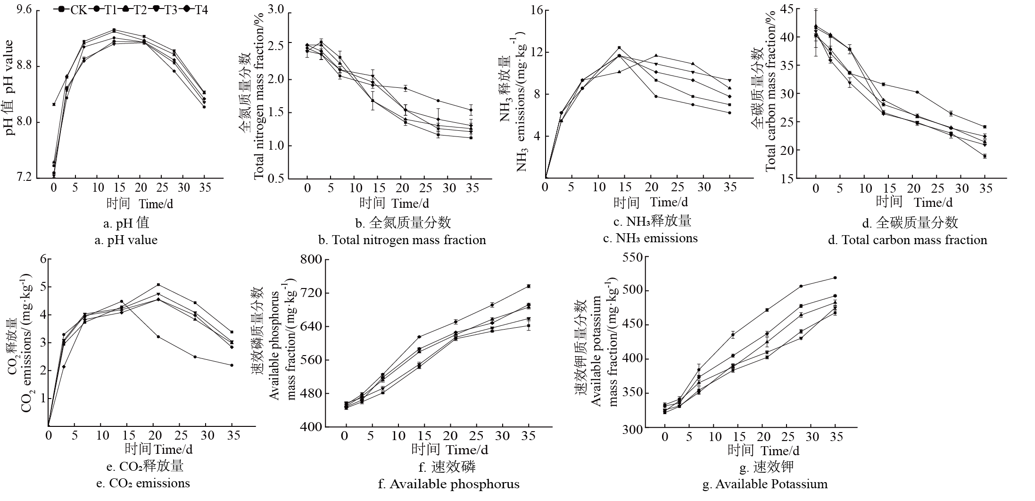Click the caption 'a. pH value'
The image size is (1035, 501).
click(x=126, y=240)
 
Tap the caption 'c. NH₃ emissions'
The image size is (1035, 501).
click(x=650, y=238)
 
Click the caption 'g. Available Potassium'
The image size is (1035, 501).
click(x=764, y=484)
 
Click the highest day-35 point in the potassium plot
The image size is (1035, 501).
click(x=835, y=278)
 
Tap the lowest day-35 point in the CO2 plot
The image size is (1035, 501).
click(x=232, y=365)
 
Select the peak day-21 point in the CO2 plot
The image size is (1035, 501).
click(x=158, y=285)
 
